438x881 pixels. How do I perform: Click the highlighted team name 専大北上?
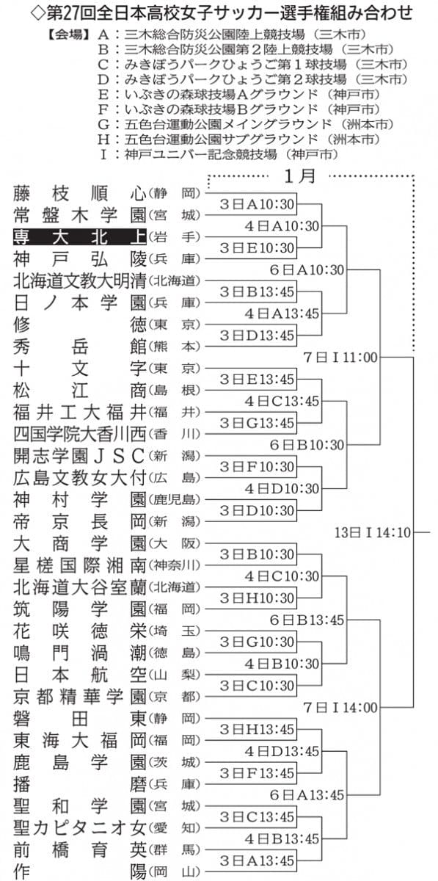point(80,237)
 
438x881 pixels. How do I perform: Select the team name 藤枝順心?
point(80,194)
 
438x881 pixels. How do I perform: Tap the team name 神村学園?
point(80,500)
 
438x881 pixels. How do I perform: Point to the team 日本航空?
point(80,675)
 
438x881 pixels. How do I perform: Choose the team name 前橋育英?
point(80,850)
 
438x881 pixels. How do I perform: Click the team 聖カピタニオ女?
point(80,828)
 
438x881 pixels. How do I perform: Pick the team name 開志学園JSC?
point(80,456)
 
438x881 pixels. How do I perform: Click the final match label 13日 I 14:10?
point(373,532)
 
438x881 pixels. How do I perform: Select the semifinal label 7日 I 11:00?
point(340,358)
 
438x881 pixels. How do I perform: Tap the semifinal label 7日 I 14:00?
point(340,708)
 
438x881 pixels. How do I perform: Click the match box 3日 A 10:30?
point(257,204)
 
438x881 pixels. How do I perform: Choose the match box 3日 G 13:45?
point(257,423)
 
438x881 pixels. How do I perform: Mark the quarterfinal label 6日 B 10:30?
point(307,445)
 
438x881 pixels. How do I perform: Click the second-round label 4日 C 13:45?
point(282,401)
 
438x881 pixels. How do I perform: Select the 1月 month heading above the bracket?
point(300,176)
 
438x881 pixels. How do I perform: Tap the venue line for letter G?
point(246,124)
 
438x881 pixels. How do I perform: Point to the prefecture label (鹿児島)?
point(174,500)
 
